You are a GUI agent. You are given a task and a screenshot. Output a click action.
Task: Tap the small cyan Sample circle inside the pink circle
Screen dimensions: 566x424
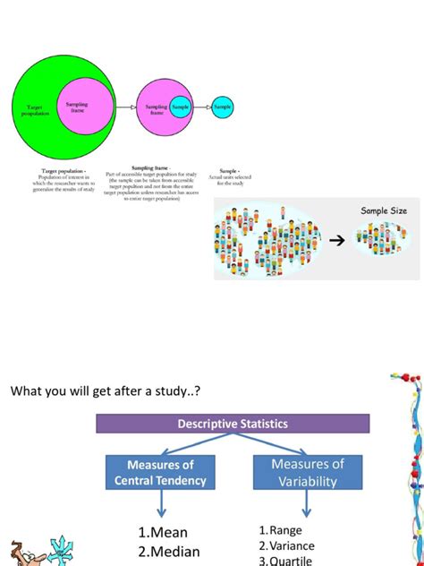[182, 107]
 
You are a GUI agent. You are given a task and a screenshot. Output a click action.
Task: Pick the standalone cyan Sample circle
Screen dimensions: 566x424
[223, 107]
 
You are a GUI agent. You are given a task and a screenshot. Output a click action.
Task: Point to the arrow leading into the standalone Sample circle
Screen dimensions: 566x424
[202, 107]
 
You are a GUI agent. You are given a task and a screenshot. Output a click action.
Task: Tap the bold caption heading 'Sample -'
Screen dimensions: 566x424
[230, 169]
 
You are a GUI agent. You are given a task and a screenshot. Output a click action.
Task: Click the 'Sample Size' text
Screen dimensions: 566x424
[383, 210]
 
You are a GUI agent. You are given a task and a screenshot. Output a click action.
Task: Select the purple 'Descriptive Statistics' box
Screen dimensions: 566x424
[233, 424]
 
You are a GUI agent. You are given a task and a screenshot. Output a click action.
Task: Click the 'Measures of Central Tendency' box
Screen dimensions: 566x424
[160, 473]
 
